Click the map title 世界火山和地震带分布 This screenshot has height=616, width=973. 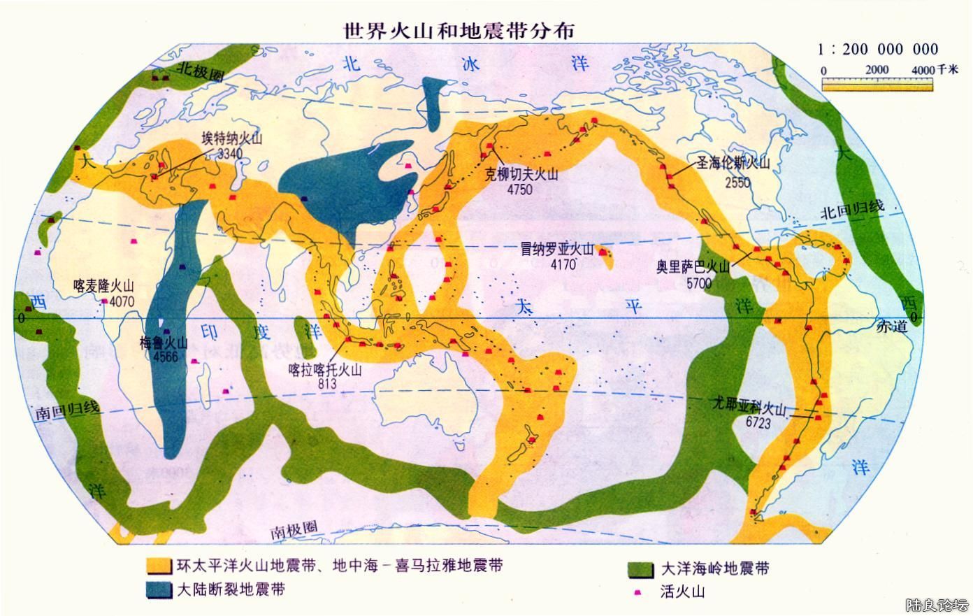[x=459, y=30]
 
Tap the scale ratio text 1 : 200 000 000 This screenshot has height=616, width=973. [x=878, y=49]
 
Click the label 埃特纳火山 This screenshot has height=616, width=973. [x=231, y=138]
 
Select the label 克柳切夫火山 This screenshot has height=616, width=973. [x=522, y=176]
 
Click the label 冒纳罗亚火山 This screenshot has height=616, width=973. [x=556, y=250]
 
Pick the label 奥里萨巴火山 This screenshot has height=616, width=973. [x=692, y=268]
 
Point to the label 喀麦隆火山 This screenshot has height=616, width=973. [x=103, y=287]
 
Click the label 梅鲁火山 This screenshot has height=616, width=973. [x=164, y=343]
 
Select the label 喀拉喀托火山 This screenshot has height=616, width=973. [x=326, y=370]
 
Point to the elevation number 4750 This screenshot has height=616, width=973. [x=519, y=190]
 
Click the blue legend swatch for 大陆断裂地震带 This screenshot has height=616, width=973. [x=159, y=589]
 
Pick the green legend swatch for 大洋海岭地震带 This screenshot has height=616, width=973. [x=641, y=568]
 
